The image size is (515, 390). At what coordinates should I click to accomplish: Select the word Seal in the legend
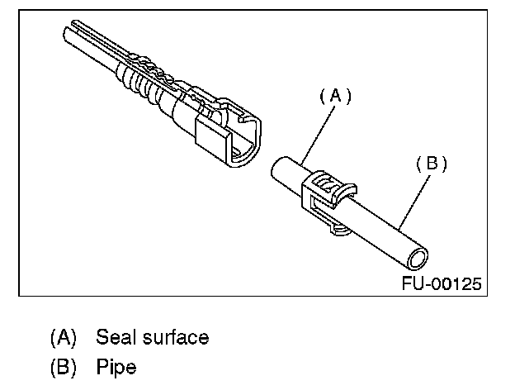[115, 337]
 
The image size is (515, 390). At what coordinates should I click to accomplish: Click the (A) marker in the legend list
[63, 337]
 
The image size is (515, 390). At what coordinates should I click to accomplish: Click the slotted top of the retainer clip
[331, 180]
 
